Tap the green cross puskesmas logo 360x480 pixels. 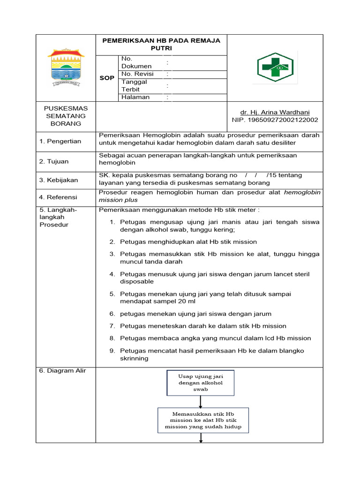275,67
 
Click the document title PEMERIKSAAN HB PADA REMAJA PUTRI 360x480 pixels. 161,44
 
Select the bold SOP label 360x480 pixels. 107,78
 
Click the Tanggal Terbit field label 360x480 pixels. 134,85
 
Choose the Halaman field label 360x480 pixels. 135,97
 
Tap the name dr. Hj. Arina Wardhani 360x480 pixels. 275,112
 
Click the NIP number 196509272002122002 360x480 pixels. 275,120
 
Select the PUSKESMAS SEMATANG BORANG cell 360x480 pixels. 66,116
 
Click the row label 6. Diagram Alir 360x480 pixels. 60,371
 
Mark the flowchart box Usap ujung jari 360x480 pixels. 200,382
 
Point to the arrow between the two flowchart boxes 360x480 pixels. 201,401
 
